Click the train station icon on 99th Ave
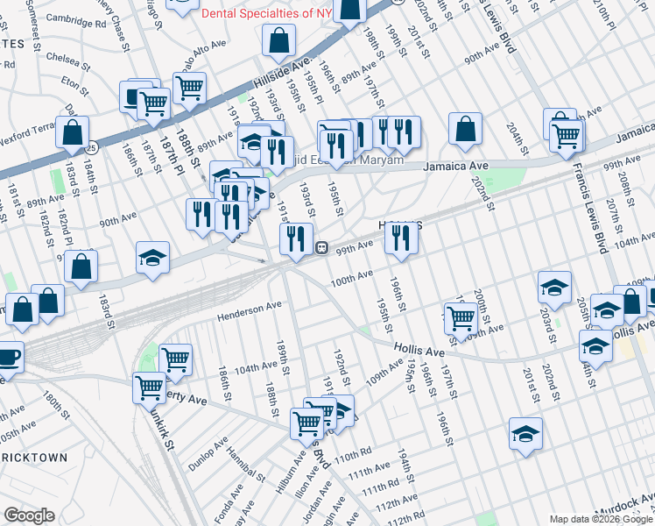[321, 248]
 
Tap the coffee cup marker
[7, 359]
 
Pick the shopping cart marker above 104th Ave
[175, 359]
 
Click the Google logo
[28, 515]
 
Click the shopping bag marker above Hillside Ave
[278, 39]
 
